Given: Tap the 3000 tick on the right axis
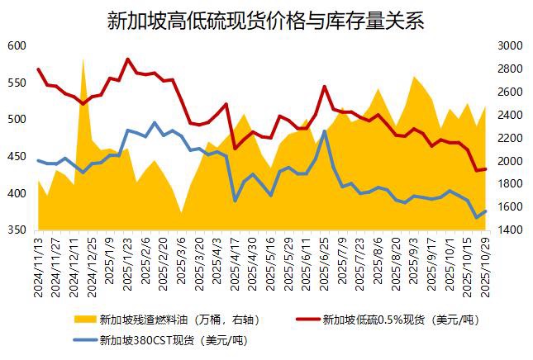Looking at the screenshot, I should coord(507,45).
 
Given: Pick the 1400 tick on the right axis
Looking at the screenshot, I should coord(507,230).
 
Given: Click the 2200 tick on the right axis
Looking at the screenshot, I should coord(507,138).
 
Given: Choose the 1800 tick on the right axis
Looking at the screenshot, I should coord(507,183).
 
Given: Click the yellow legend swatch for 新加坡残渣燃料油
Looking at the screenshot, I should coord(83,319).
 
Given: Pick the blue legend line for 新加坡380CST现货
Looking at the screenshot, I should coord(83,339).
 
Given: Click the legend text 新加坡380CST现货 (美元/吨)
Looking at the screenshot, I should coord(173,339).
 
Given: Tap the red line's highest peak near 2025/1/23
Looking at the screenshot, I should coord(127,59).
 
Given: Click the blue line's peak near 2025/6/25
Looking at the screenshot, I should coord(325,130).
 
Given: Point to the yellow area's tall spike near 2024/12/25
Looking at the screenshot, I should coord(83,59).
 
